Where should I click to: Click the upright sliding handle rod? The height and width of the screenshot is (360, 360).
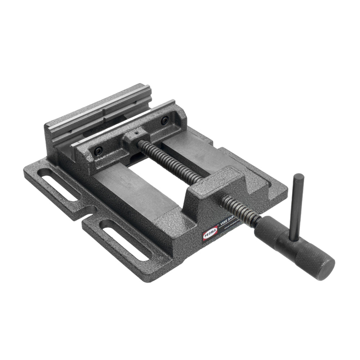(x=295, y=206)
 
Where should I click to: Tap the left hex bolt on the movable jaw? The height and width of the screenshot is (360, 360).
(x=98, y=151)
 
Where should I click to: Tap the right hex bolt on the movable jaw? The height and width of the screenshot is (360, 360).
(x=165, y=120)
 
